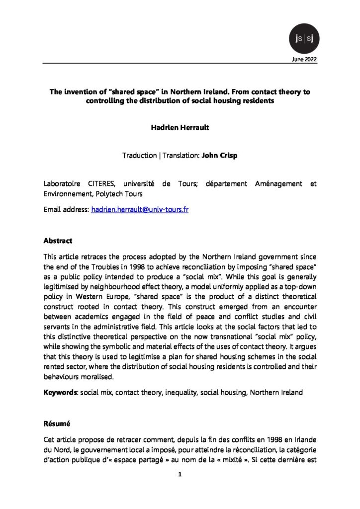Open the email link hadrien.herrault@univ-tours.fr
[140, 210]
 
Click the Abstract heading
[58, 241]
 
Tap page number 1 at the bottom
[180, 476]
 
